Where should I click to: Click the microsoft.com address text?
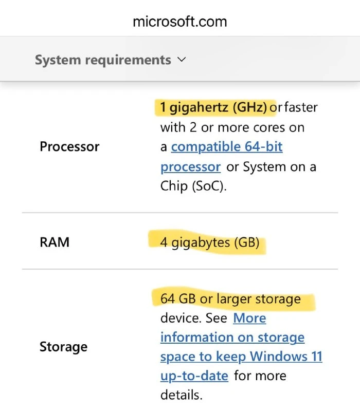[179, 22]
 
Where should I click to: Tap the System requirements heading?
[103, 60]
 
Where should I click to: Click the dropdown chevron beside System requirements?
[182, 60]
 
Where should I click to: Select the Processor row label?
[69, 146]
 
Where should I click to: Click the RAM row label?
[55, 242]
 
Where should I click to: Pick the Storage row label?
[63, 347]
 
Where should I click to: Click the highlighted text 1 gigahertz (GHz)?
[213, 107]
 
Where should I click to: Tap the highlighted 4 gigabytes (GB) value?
[210, 242]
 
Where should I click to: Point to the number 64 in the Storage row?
[168, 298]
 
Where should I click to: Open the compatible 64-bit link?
[227, 146]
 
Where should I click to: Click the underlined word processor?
[190, 167]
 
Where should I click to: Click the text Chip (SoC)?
[193, 186]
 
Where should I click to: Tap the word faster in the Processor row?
[301, 107]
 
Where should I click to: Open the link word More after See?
[249, 318]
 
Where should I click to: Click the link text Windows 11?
[286, 356]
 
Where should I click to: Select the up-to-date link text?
[194, 376]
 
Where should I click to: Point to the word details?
[182, 395]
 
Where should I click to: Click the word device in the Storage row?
[181, 318]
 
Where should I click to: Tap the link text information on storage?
[232, 338]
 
